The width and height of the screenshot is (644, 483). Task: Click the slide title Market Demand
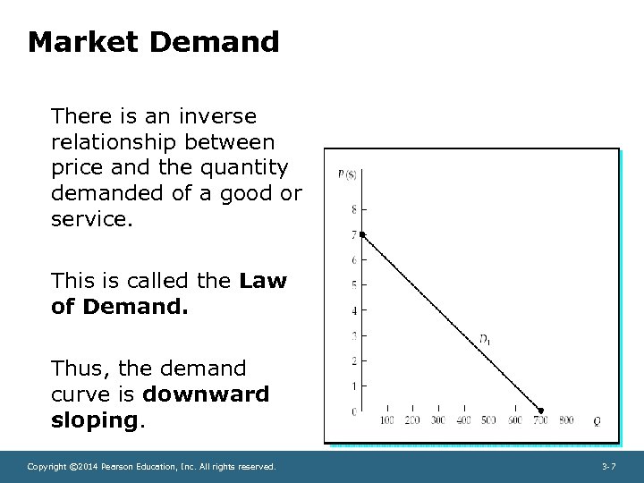(153, 42)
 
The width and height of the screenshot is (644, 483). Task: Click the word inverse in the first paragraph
(218, 116)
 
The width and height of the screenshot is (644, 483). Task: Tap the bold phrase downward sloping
(161, 407)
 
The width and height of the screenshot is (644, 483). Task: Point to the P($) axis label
(347, 174)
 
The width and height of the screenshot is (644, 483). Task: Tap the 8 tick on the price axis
(354, 210)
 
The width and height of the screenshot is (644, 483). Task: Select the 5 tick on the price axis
(354, 285)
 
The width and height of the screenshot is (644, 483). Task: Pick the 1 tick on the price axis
(354, 386)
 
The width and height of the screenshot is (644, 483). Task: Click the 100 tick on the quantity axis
(387, 420)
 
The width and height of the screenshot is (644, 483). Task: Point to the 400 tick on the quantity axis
(463, 420)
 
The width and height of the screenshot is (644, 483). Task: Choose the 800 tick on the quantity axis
(565, 420)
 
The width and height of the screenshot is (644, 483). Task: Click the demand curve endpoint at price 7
(362, 234)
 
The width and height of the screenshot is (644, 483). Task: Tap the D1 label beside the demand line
(484, 338)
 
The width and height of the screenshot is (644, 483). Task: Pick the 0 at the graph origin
(354, 411)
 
